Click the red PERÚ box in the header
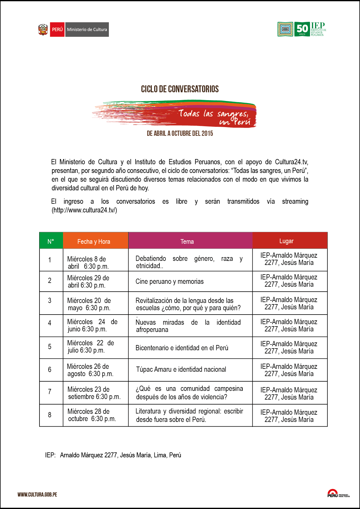(57, 30)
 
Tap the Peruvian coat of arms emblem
(43, 30)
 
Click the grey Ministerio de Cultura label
(87, 30)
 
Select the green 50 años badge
(302, 29)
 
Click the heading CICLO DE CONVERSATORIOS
(180, 89)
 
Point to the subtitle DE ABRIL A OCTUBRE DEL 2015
(180, 133)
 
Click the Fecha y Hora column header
(94, 241)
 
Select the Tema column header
(187, 241)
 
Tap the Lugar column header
(287, 241)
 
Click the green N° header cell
(51, 241)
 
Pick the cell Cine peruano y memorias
(170, 281)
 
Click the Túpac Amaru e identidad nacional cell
(181, 369)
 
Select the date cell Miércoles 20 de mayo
(89, 304)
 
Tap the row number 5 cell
(50, 347)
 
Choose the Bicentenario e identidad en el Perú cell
(182, 348)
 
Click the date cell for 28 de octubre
(91, 415)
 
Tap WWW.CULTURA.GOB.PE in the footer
(37, 494)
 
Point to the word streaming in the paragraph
(295, 201)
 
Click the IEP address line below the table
(113, 455)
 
